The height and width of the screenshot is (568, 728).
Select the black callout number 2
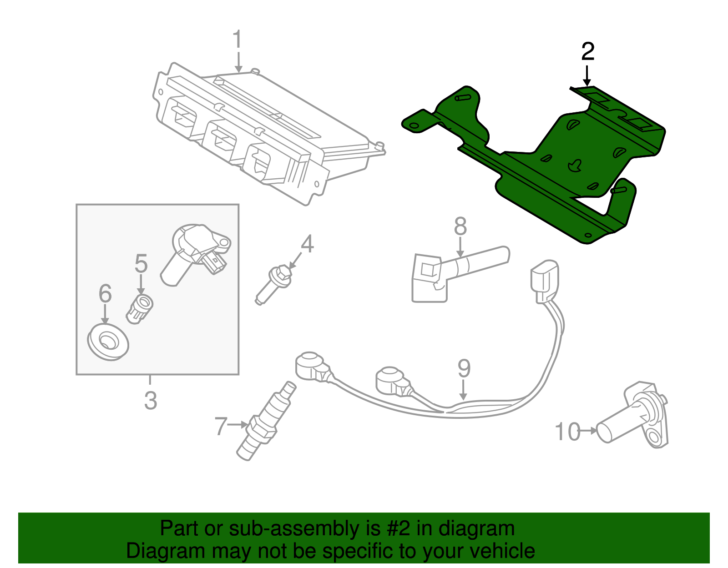point(587,52)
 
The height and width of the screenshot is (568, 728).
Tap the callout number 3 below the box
point(151,401)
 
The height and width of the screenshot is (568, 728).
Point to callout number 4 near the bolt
point(308,244)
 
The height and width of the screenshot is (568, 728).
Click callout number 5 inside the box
point(141,264)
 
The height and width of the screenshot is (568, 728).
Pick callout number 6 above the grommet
point(105,294)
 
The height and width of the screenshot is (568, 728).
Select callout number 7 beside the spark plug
point(221,426)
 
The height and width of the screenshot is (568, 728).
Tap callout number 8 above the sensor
point(460,226)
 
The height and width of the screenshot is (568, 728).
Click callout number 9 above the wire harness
point(464,368)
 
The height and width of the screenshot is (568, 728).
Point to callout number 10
point(568,432)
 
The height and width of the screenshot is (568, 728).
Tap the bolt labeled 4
point(275,284)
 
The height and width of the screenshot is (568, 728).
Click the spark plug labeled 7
point(266,421)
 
